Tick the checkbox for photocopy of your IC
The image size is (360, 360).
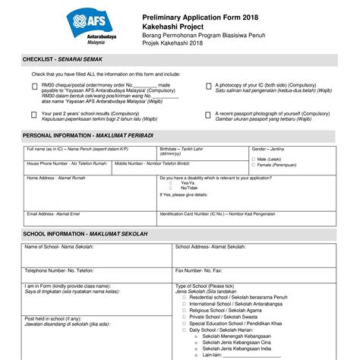pos(209,87)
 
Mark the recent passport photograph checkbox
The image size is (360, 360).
pos(209,115)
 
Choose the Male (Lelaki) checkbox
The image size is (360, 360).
pos(254,159)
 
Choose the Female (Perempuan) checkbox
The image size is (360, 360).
pos(254,165)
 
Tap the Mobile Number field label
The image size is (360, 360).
pos(152,164)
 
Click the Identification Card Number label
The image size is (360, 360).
pos(216,214)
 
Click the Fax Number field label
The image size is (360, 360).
pos(198,270)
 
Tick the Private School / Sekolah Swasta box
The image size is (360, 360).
pos(185,316)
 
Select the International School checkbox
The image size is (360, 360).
pos(185,303)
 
